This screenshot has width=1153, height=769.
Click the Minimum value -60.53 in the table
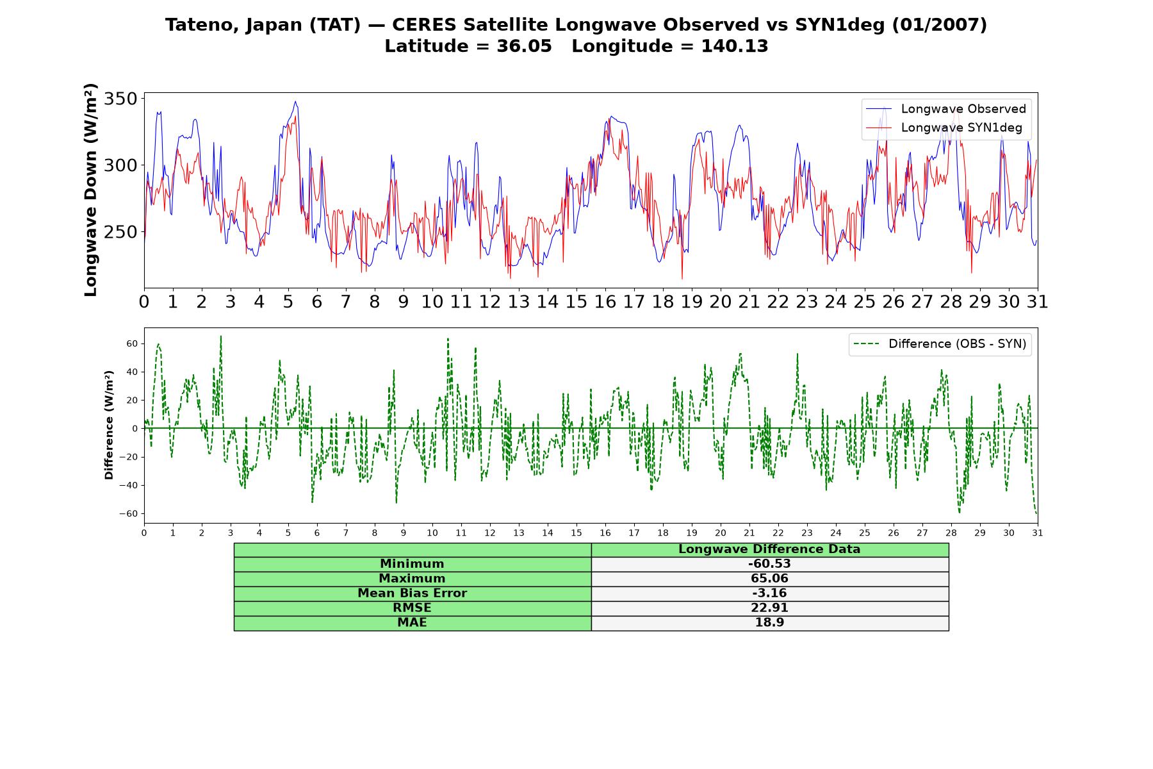coord(769,564)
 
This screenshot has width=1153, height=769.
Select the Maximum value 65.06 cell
coord(769,579)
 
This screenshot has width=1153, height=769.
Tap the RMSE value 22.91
coord(769,608)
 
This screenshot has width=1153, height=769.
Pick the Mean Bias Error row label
coord(412,593)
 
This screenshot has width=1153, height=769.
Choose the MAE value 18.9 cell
coord(769,623)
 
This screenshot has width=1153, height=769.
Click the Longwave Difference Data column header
coord(769,549)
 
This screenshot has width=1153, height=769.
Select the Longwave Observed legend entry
coord(946,109)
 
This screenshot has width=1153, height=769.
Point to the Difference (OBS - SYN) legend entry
coord(940,344)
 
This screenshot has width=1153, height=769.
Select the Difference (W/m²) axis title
coord(109,425)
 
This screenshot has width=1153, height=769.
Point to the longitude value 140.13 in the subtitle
coord(735,46)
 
